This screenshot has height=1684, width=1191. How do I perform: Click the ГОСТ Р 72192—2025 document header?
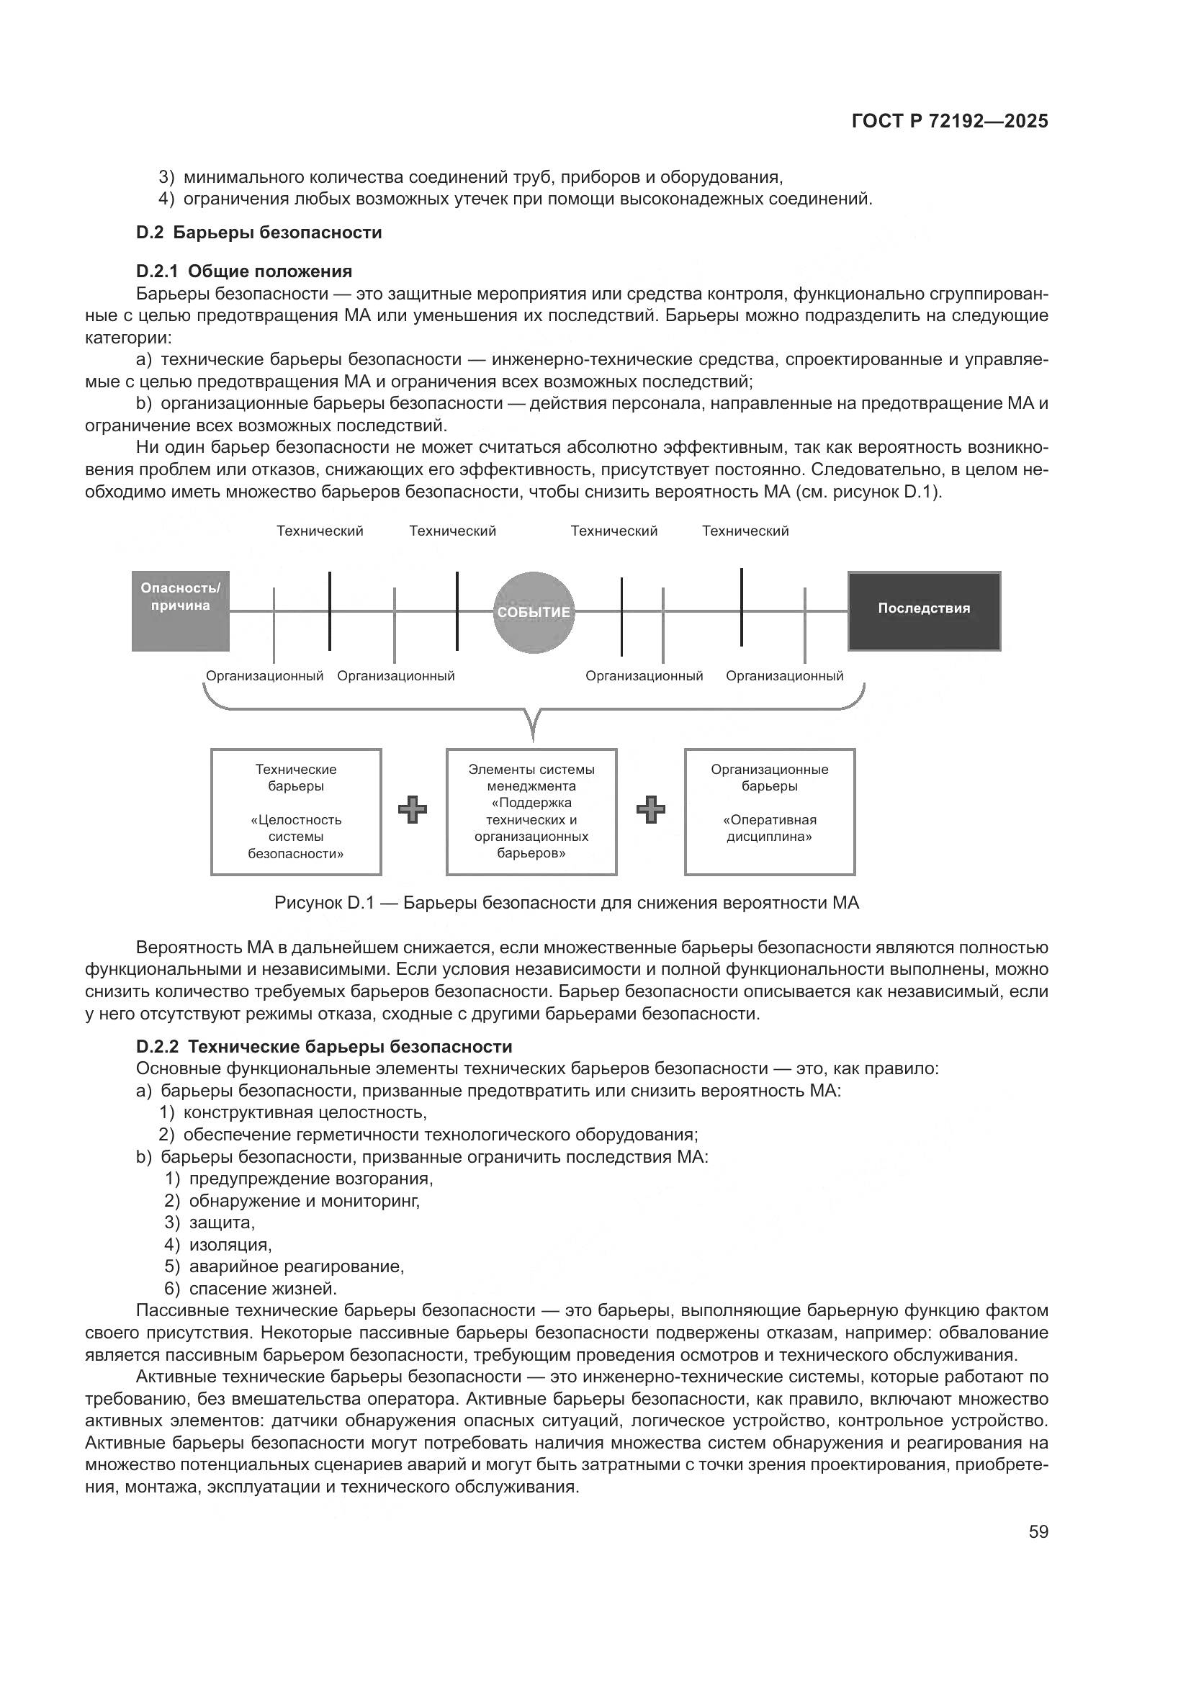950,122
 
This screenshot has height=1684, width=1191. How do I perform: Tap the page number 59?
1038,1531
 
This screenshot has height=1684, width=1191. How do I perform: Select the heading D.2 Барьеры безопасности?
259,233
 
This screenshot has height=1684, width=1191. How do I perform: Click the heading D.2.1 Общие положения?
244,271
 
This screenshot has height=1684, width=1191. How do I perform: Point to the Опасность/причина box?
181,611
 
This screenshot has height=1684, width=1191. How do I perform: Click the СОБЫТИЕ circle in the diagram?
533,613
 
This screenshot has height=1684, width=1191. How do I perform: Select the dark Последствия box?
923,611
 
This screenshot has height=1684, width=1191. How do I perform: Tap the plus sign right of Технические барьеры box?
412,810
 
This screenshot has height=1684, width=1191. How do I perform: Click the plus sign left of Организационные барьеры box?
650,810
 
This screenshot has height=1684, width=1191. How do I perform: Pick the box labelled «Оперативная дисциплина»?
769,811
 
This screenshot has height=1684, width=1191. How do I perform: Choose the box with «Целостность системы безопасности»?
295,811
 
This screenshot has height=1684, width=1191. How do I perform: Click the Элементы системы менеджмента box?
531,811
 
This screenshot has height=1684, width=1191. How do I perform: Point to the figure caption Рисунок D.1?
566,903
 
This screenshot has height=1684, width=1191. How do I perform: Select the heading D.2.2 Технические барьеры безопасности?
324,1047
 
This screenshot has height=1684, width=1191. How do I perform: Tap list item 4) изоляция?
219,1245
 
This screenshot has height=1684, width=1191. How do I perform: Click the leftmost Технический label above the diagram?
320,531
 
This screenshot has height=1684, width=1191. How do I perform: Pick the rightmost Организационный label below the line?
784,676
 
